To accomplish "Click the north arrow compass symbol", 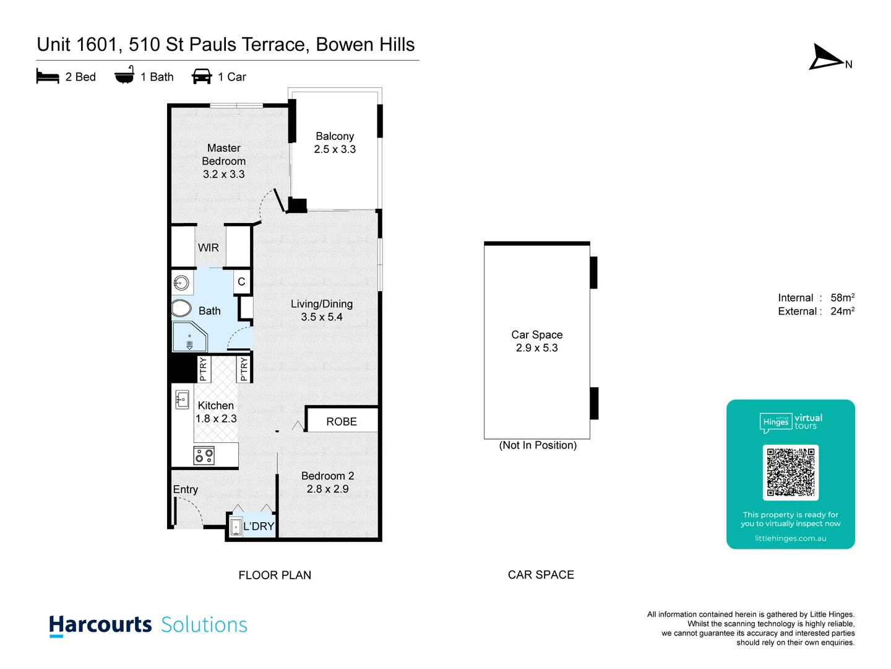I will pyautogui.click(x=826, y=58).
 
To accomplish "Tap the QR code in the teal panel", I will pyautogui.click(x=790, y=472).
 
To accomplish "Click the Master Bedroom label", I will pyautogui.click(x=223, y=154).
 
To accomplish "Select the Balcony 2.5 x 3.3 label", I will pyautogui.click(x=335, y=142).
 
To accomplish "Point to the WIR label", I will pyautogui.click(x=209, y=248).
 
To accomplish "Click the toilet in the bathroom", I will pyautogui.click(x=181, y=308).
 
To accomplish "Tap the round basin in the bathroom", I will pyautogui.click(x=181, y=283).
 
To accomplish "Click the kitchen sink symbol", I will pyautogui.click(x=182, y=400).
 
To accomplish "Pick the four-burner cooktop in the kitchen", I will pyautogui.click(x=204, y=456).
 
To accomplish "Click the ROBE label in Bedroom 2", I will pyautogui.click(x=342, y=422).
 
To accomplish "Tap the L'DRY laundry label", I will pyautogui.click(x=259, y=527).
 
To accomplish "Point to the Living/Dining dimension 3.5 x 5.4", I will pyautogui.click(x=322, y=317).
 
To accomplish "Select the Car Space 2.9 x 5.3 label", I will pyautogui.click(x=537, y=341).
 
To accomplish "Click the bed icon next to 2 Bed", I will pyautogui.click(x=48, y=77).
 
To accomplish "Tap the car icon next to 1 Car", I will pyautogui.click(x=202, y=77).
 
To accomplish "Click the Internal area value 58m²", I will pyautogui.click(x=842, y=298).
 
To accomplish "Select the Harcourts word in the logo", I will pyautogui.click(x=100, y=624).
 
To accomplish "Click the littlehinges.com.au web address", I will pyautogui.click(x=790, y=538).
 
